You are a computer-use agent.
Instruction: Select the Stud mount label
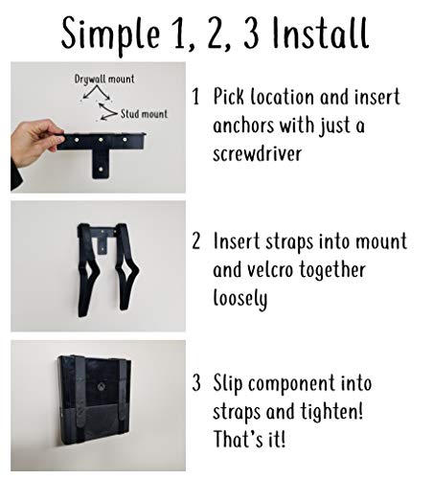[x=144, y=112]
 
